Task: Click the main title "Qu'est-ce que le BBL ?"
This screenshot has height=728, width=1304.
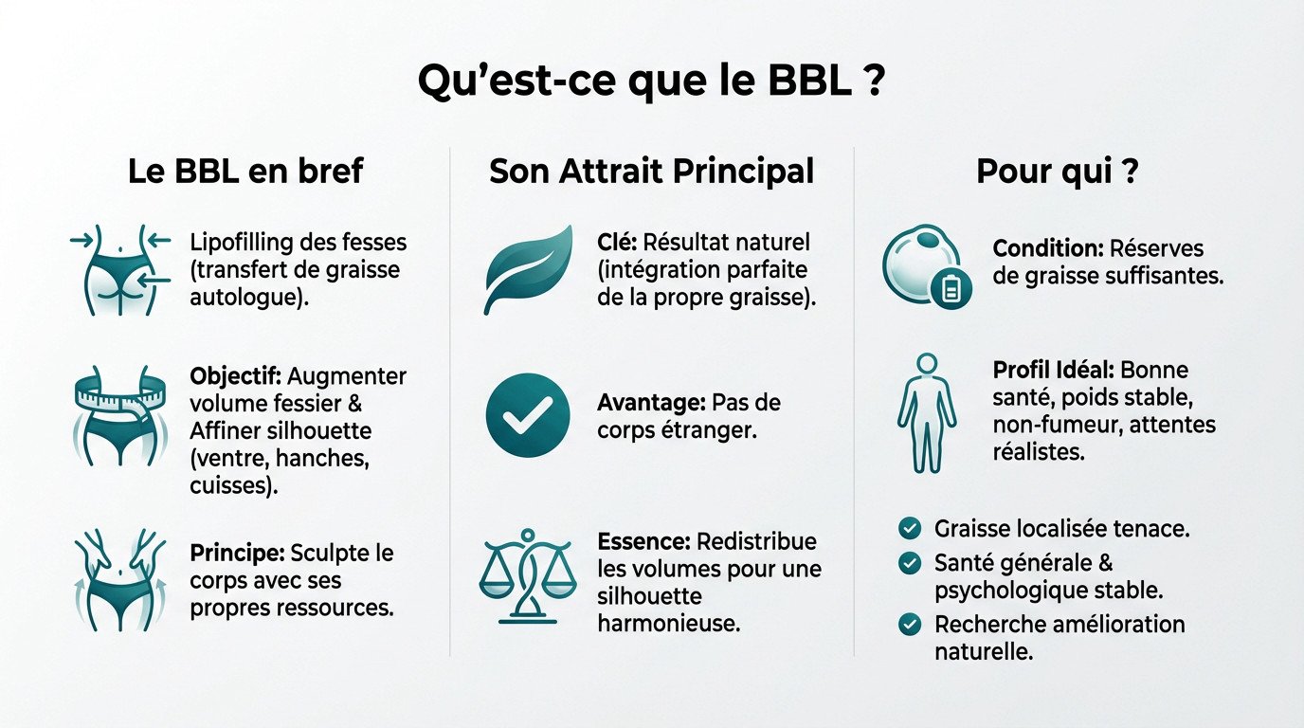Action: click(x=651, y=83)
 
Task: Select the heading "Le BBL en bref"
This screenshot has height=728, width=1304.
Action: click(x=245, y=172)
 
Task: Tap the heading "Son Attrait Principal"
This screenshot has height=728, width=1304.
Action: click(x=651, y=172)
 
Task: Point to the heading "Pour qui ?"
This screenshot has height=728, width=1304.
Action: click(x=1058, y=172)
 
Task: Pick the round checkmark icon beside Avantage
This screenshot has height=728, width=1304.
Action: click(x=528, y=415)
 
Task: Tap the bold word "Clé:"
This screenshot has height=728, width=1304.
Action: click(x=618, y=242)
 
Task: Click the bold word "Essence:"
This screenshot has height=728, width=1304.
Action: click(x=643, y=542)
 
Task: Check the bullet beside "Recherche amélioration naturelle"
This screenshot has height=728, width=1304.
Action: click(x=910, y=625)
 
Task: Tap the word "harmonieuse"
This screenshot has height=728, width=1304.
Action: click(x=668, y=625)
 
